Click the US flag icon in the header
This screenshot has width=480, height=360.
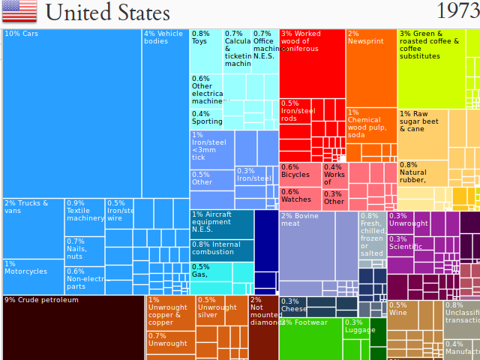[x=19, y=11]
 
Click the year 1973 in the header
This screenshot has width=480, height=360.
[x=457, y=12]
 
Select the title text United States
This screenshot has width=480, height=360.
[x=107, y=13]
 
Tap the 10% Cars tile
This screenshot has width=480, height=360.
[x=71, y=112]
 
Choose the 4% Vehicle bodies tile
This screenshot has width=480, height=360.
[x=165, y=112]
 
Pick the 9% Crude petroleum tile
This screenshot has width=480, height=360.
[x=73, y=328]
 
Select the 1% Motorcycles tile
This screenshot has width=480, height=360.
[x=33, y=276]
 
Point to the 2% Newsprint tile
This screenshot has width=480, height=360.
[x=371, y=67]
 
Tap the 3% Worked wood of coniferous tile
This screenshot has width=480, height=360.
[x=312, y=64]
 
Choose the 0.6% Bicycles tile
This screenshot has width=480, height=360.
[x=301, y=174]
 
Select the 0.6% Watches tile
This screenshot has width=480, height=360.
[x=301, y=199]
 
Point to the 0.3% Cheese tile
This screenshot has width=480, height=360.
[x=292, y=306]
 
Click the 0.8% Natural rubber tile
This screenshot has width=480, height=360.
[x=422, y=174]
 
